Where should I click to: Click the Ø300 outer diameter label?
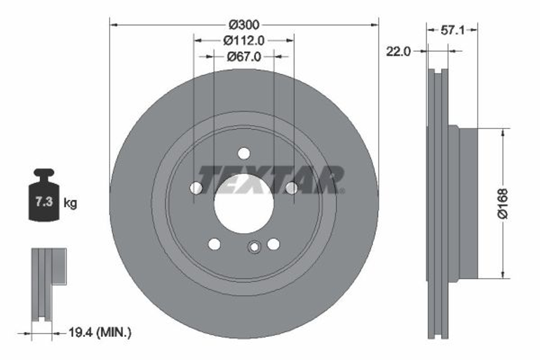coord(244,24)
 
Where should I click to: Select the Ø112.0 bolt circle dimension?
coord(244,40)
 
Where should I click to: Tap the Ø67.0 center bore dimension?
coord(244,56)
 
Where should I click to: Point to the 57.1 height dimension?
coord(453,31)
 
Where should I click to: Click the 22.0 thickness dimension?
coord(399,51)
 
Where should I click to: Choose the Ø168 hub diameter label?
coord(503,203)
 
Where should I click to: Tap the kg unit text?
coord(70,203)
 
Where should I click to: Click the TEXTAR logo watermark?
coord(270,179)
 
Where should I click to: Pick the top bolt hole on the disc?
coord(244,153)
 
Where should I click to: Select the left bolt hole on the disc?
coord(197,188)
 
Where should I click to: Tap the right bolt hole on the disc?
coord(292,188)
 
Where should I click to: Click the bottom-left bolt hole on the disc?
coord(214,244)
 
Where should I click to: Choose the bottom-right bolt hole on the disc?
coord(273,244)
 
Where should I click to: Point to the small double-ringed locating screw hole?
coord(254,247)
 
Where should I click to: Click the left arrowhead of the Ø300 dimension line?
coord(112,24)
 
